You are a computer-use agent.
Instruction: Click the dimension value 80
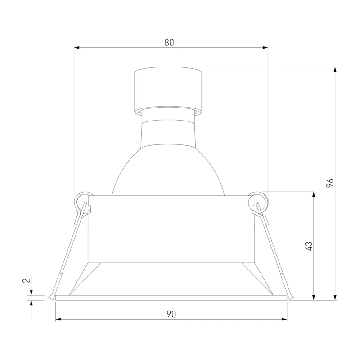(x=169, y=42)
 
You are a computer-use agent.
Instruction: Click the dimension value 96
(x=330, y=183)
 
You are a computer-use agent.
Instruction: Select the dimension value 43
(x=309, y=246)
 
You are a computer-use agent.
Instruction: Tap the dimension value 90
(x=171, y=314)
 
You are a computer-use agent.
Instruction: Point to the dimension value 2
(x=27, y=280)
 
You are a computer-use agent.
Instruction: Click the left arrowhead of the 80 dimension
(x=76, y=48)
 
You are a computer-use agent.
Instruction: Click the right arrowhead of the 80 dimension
(x=265, y=48)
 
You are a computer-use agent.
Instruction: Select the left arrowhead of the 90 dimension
(x=58, y=319)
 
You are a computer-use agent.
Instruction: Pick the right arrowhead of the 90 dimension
(x=284, y=319)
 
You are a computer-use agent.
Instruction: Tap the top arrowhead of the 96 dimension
(x=335, y=70)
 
